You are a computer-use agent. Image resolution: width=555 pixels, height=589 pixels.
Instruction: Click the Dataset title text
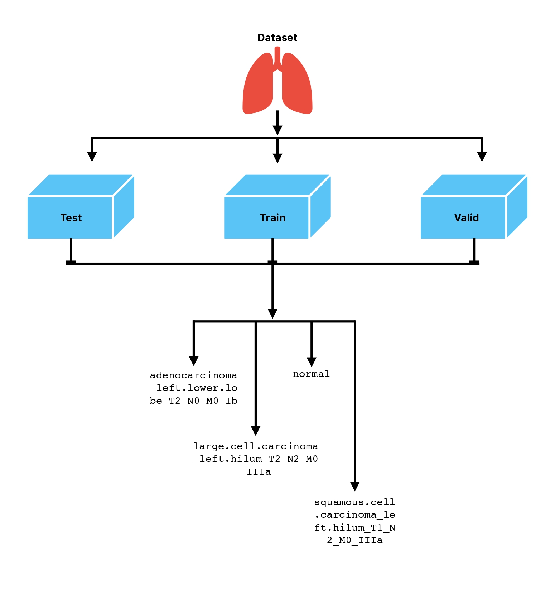click(277, 38)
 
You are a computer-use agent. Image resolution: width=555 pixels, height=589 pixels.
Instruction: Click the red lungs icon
click(277, 84)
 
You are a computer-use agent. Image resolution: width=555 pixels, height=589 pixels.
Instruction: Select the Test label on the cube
click(71, 218)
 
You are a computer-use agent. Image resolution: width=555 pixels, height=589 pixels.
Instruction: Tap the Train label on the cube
click(272, 218)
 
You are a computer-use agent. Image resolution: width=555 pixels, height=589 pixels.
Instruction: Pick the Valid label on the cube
click(466, 218)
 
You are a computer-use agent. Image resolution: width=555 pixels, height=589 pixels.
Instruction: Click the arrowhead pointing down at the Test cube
click(92, 157)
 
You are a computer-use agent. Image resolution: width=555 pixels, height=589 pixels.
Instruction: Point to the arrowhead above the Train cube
click(277, 158)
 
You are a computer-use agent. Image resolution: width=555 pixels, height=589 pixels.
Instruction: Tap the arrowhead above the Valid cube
click(482, 157)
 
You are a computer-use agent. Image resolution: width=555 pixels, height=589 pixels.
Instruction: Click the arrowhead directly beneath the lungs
click(277, 130)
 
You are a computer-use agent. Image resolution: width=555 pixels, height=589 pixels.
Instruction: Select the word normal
click(311, 374)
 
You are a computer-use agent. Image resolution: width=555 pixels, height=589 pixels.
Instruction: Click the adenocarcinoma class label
click(194, 388)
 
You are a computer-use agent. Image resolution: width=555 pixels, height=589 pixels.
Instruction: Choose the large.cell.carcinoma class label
click(256, 459)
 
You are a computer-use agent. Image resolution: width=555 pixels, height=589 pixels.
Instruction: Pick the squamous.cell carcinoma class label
click(354, 521)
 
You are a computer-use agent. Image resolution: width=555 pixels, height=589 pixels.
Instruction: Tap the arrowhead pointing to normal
click(312, 362)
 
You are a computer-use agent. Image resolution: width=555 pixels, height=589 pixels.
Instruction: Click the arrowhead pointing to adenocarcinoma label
click(194, 361)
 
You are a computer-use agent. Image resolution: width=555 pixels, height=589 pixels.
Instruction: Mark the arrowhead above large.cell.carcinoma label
click(256, 431)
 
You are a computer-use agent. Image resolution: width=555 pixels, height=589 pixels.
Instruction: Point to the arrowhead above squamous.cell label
click(355, 486)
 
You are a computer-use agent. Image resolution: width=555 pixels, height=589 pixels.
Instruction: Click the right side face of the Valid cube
click(517, 207)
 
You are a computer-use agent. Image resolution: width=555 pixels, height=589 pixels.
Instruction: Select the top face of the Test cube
click(81, 185)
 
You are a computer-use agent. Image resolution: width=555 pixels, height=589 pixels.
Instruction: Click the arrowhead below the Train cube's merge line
click(272, 313)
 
